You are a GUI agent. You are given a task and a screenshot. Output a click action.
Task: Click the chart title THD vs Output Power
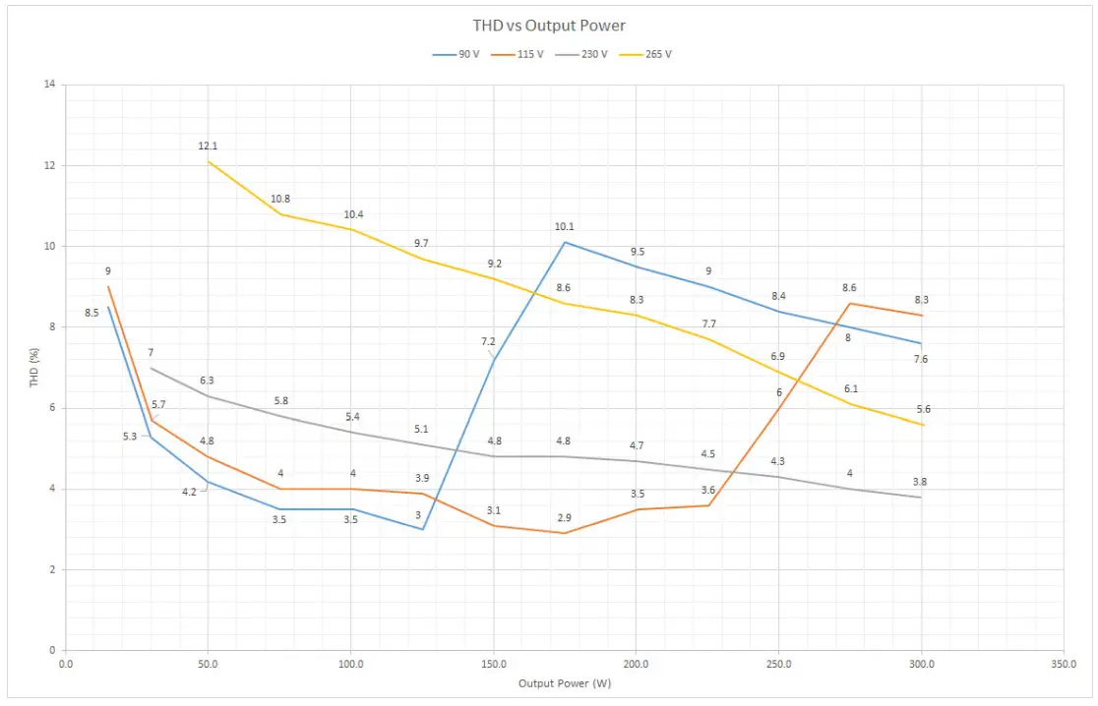[x=548, y=26]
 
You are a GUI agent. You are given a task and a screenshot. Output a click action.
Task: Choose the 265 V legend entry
[x=657, y=54]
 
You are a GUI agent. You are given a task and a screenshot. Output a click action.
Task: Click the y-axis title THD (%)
[x=34, y=367]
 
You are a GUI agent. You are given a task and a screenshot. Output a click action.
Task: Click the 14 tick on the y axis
[x=48, y=85]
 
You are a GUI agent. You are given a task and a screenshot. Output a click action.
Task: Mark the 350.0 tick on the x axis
[x=1063, y=665]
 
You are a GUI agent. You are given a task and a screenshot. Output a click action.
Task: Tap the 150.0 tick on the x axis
[x=493, y=665]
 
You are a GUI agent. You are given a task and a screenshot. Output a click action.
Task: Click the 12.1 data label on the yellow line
[x=208, y=147]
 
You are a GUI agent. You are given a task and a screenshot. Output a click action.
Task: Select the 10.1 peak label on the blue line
[x=564, y=227]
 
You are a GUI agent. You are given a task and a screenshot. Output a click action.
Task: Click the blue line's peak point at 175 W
[x=565, y=242]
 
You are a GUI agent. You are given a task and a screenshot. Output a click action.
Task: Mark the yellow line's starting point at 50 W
[x=209, y=161]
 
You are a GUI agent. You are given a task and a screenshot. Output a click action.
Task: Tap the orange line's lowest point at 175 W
[x=565, y=533]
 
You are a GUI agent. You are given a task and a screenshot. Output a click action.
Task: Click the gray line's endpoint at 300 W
[x=921, y=497]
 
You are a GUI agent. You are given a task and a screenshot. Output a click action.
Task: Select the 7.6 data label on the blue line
[x=920, y=359]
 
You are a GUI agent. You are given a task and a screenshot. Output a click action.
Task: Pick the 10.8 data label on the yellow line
[x=280, y=199]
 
